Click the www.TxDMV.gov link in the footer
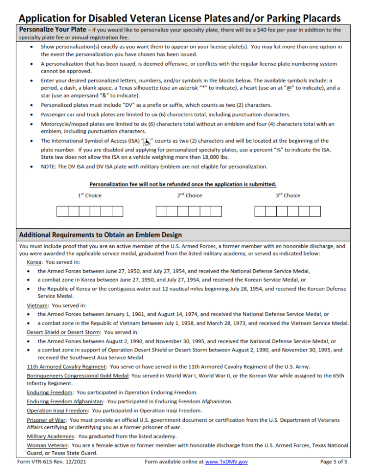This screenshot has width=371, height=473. point(226,461)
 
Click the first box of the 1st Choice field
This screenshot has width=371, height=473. point(62,212)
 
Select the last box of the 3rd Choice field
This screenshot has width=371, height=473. point(315,212)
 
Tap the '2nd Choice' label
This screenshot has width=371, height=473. point(189,195)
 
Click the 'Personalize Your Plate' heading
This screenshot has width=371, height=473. point(53,30)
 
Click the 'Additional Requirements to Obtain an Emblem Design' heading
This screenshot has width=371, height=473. point(100,235)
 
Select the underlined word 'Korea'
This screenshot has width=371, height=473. point(34,262)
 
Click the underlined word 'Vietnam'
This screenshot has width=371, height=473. point(37,305)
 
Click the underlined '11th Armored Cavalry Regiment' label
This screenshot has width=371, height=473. point(66,367)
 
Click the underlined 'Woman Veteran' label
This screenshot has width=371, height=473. point(47,445)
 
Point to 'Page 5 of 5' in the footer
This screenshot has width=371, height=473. point(334,461)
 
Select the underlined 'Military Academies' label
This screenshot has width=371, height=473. point(50,436)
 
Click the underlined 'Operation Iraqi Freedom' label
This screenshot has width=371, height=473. point(57,410)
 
